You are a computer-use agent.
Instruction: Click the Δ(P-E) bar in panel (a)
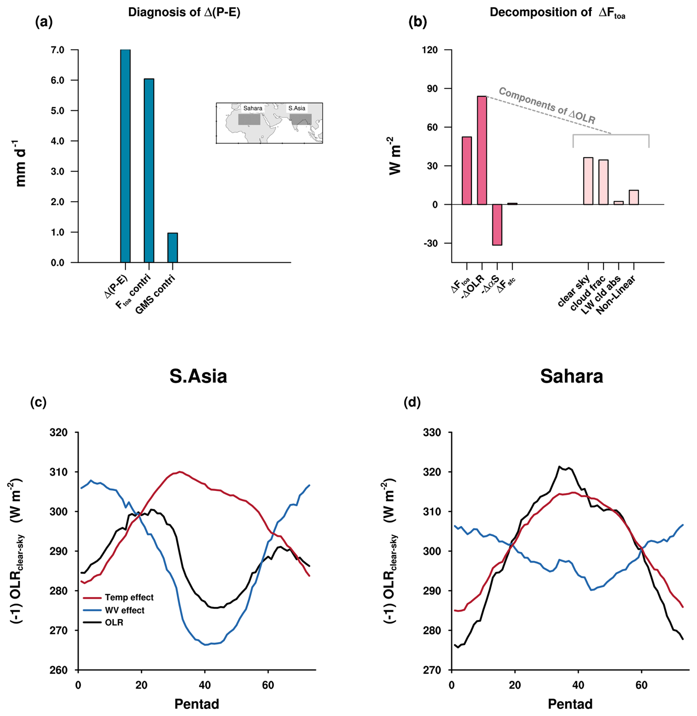coord(125,156)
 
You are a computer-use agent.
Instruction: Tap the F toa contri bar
coord(149,170)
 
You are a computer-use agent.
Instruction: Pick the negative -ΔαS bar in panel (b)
coord(497,224)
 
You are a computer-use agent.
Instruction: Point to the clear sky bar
coord(588,181)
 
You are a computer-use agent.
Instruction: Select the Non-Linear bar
coord(633,197)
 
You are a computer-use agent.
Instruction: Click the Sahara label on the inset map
coord(253,108)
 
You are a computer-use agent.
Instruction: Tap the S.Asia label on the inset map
coord(297,108)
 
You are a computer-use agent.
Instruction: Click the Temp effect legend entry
coord(129,597)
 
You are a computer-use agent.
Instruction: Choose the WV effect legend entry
coord(124,610)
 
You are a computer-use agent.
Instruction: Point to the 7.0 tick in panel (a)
coord(57,50)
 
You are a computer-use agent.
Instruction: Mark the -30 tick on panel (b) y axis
coord(430,243)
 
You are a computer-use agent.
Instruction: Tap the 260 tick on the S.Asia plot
coord(58,670)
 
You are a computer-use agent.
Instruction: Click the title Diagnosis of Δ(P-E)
coord(184,12)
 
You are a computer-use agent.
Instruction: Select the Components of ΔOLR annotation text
coord(547,105)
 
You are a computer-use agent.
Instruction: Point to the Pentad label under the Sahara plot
coord(570,704)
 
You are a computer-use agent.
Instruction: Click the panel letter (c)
coord(38,402)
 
